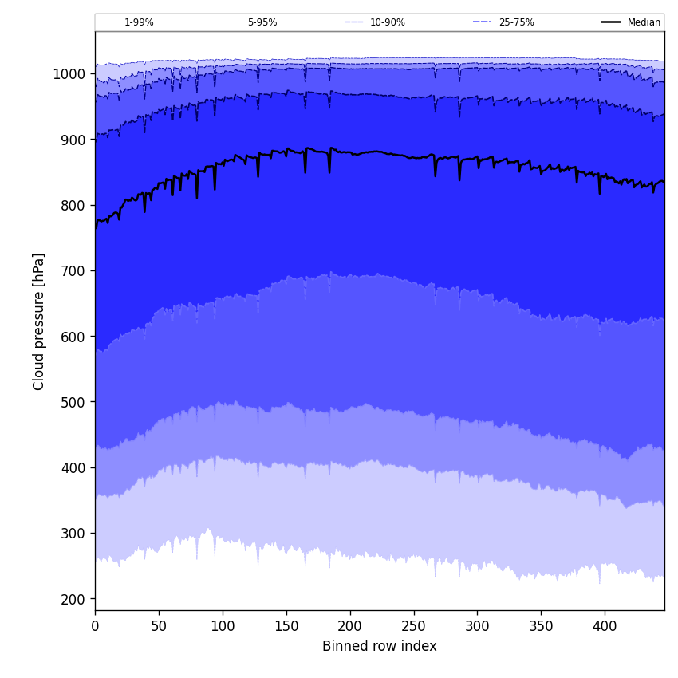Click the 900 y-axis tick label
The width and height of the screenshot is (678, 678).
[72, 140]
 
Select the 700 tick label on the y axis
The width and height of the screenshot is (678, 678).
[72, 271]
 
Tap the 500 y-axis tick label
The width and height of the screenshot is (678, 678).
[72, 402]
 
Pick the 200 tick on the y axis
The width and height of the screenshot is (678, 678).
[72, 599]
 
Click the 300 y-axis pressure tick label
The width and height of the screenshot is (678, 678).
[72, 534]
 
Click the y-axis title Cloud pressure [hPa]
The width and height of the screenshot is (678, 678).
[39, 321]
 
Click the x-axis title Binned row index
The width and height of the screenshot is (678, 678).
[380, 646]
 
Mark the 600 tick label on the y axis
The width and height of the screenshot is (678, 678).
[72, 337]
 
